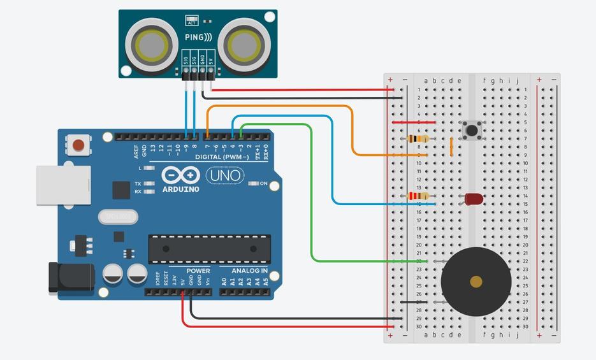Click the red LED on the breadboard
coord(474,199)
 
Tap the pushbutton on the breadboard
coord(472,130)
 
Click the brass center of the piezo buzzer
coord(476,281)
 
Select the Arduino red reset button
coord(78,145)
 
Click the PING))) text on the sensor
coord(198,38)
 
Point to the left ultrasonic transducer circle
coord(152,45)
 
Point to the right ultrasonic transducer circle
coord(243,45)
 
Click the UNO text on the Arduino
coord(225,175)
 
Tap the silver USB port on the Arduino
coord(63,185)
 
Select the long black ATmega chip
coord(209,248)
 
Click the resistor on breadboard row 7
coord(418,138)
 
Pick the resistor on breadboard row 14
coord(418,196)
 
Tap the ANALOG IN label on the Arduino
coord(249,271)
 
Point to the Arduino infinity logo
coord(181,175)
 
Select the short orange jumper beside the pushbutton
coord(451,147)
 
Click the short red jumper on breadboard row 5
coord(414,122)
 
